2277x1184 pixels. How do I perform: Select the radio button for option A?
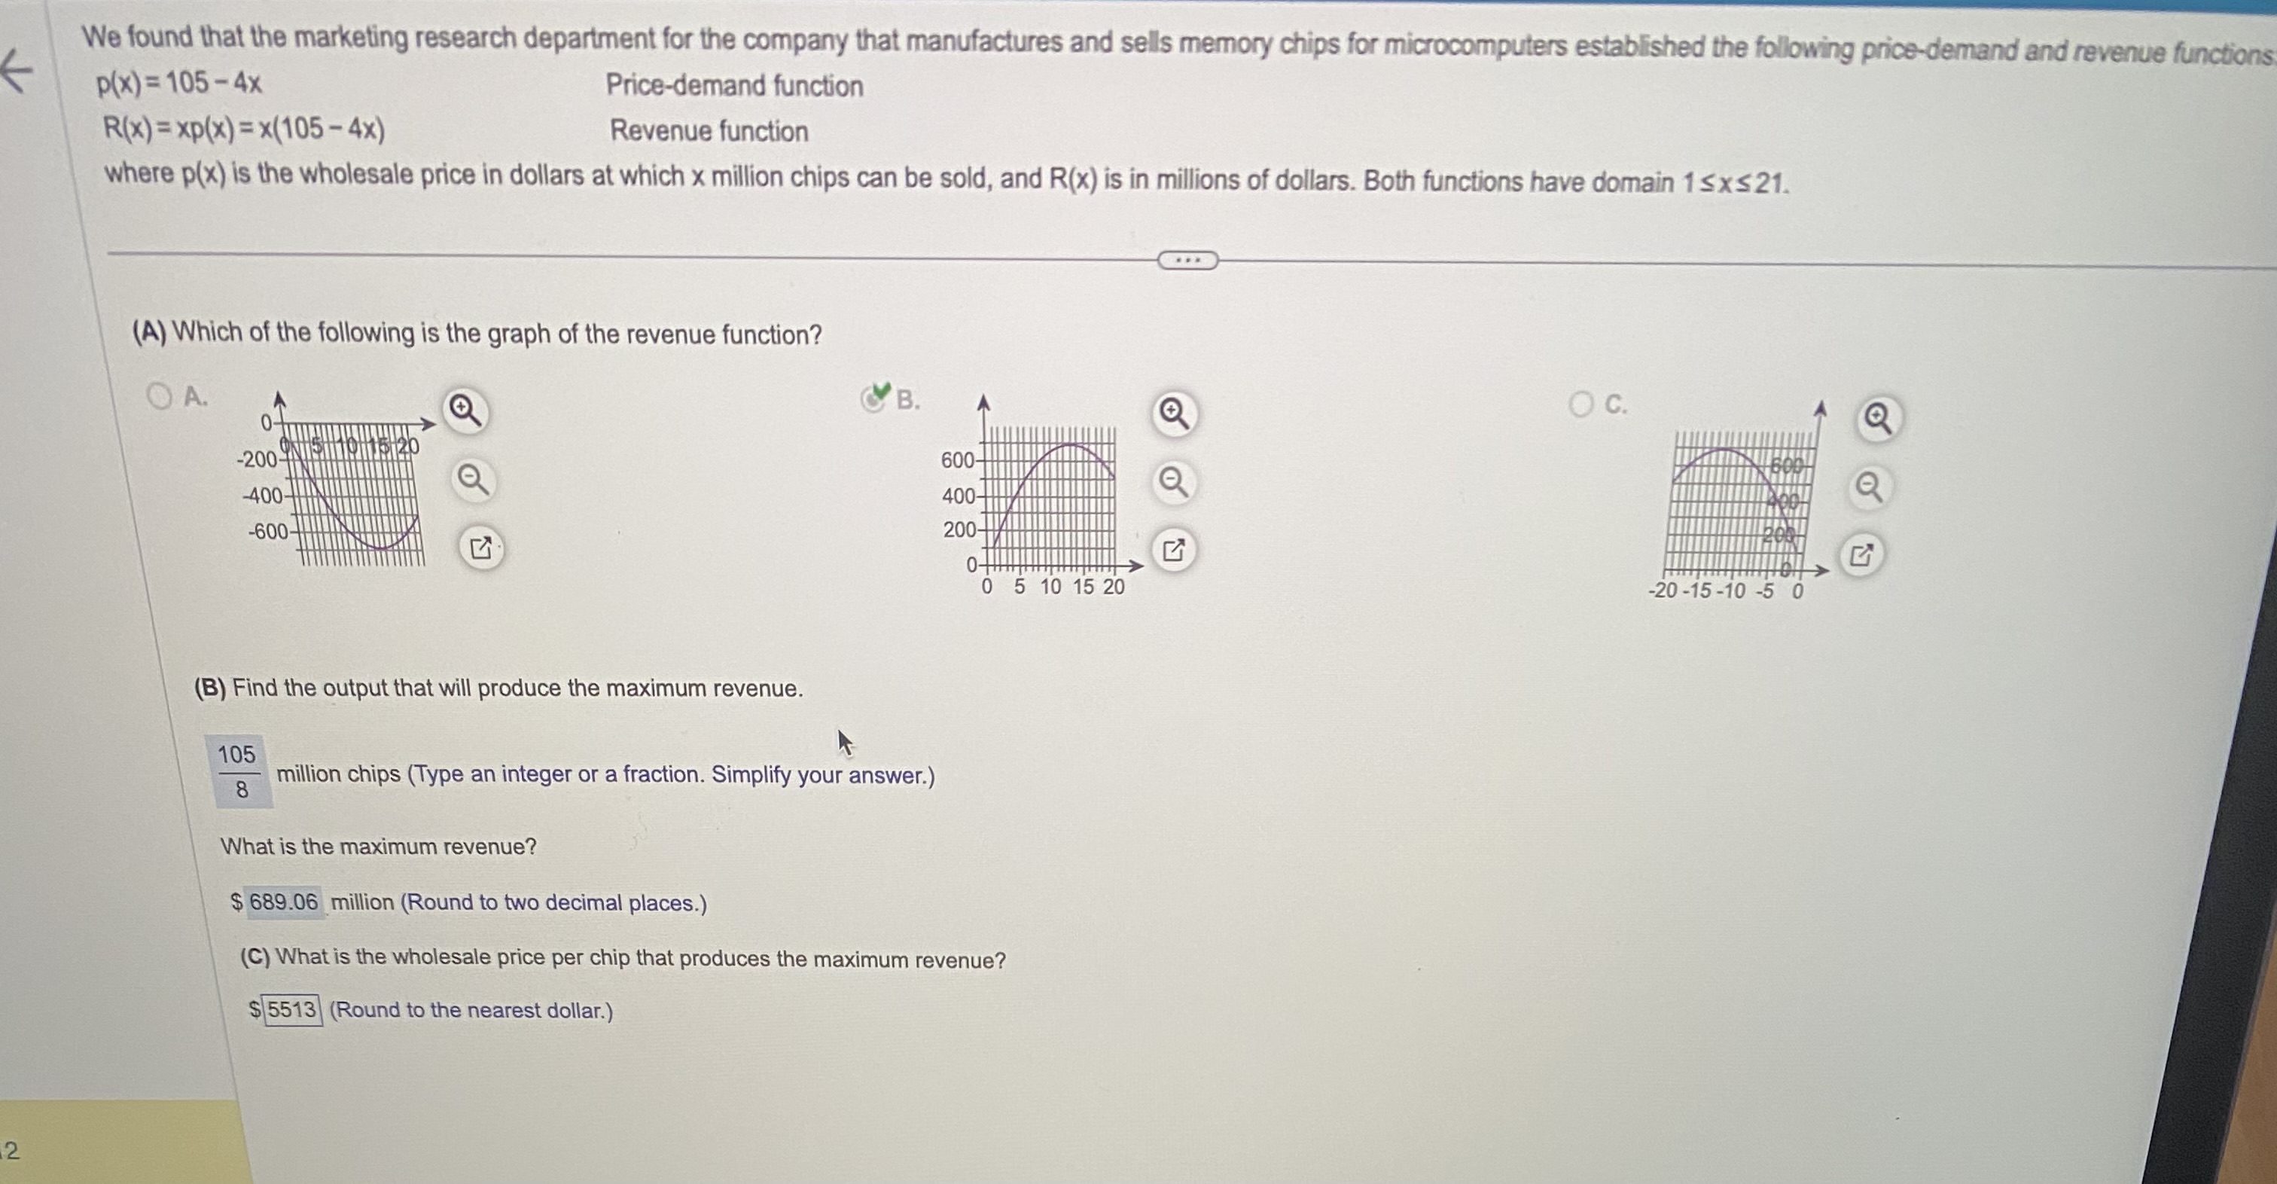click(x=159, y=396)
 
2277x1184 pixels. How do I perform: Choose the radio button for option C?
click(x=1580, y=405)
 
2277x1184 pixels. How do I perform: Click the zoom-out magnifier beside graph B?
click(x=1173, y=482)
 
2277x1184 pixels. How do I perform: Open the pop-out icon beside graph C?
click(x=1861, y=555)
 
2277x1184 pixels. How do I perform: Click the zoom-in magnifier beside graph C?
click(x=1877, y=418)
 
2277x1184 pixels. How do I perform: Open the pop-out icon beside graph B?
click(x=1173, y=550)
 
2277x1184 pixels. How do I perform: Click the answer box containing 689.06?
click(x=283, y=902)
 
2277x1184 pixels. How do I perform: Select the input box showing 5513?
click(x=291, y=1010)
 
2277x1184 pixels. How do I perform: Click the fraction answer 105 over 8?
click(x=238, y=771)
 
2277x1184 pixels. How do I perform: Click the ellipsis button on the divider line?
click(x=1187, y=260)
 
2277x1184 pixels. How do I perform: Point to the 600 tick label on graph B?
click(x=957, y=461)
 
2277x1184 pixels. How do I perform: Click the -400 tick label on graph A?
click(x=263, y=496)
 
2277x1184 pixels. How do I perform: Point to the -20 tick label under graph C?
click(x=1663, y=590)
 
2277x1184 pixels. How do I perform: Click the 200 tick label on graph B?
click(x=959, y=530)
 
